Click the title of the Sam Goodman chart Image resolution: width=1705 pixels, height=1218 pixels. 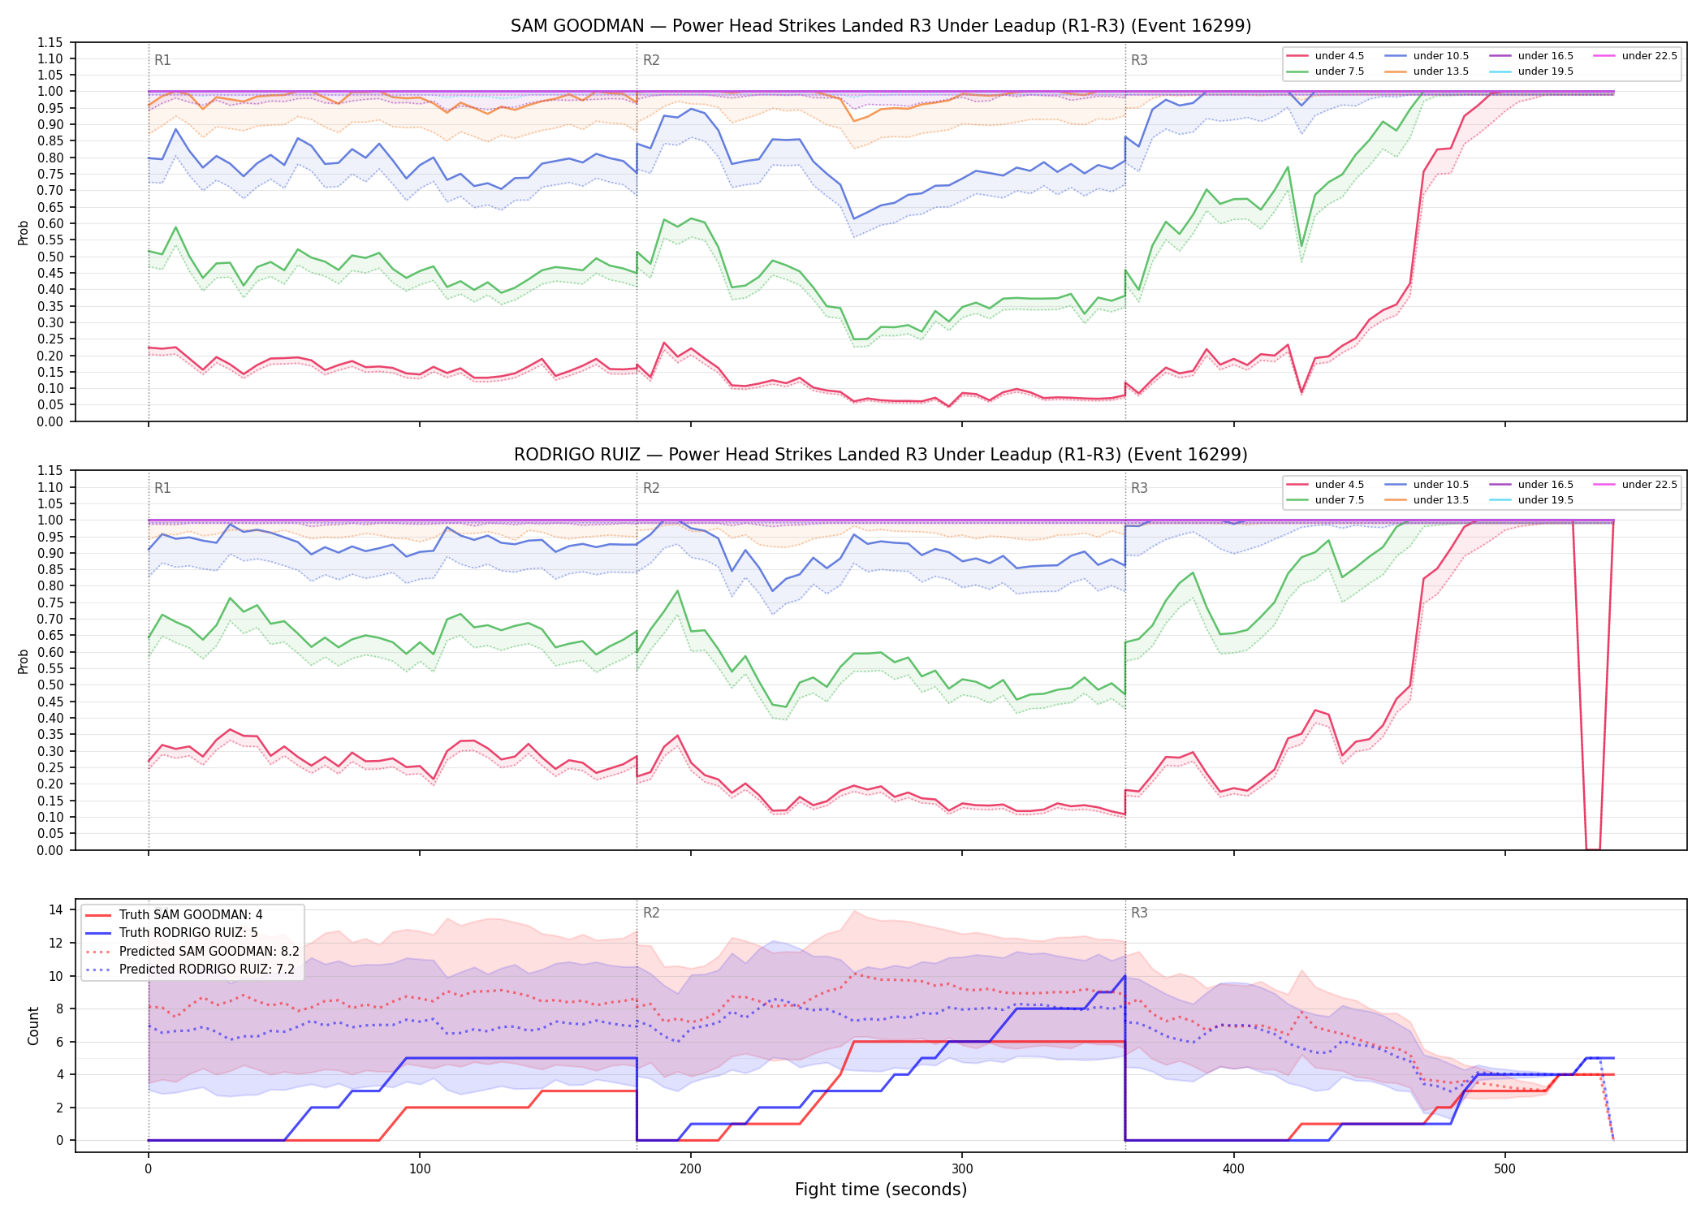[881, 26]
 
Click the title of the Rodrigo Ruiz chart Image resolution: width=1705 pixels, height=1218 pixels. [881, 455]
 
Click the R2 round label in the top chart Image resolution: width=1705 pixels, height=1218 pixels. [651, 60]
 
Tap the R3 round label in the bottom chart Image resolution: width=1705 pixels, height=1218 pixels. [1139, 913]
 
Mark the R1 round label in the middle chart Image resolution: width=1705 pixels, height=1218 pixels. [162, 488]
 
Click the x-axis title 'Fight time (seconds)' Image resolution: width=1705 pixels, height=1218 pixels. [881, 1190]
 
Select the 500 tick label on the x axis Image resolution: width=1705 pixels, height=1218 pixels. [1504, 1169]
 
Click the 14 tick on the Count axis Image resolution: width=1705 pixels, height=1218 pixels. [56, 909]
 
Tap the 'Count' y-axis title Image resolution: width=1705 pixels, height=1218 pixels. [33, 1026]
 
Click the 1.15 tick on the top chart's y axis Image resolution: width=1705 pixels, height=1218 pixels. [50, 42]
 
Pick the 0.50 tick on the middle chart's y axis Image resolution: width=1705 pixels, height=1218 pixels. [50, 685]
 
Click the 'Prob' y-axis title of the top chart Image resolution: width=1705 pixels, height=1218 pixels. [24, 232]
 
